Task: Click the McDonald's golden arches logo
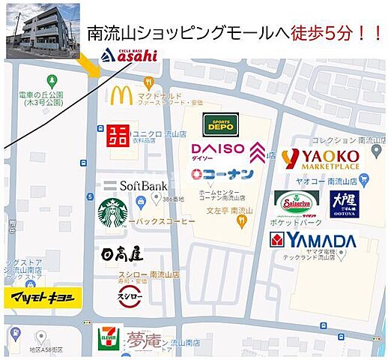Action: pos(121,94)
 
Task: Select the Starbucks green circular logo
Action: pos(112,212)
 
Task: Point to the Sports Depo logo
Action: pos(220,124)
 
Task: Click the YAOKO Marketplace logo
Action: pos(321,158)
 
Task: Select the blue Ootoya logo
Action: pos(345,203)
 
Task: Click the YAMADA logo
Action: pos(312,241)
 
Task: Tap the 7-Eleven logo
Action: pos(109,338)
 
